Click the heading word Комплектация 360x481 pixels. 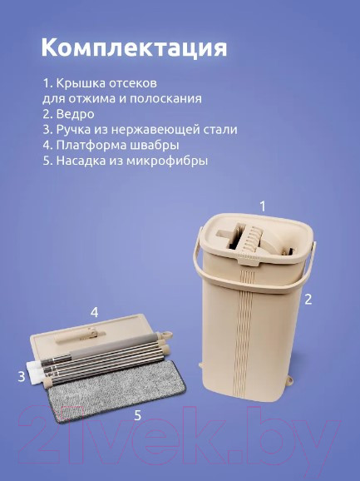134,47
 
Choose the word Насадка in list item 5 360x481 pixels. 84,161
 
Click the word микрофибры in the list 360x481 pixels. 170,161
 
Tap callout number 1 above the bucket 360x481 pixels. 262,206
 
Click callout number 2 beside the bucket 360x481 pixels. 308,298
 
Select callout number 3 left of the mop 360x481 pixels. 21,376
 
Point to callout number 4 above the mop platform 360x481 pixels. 95,312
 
